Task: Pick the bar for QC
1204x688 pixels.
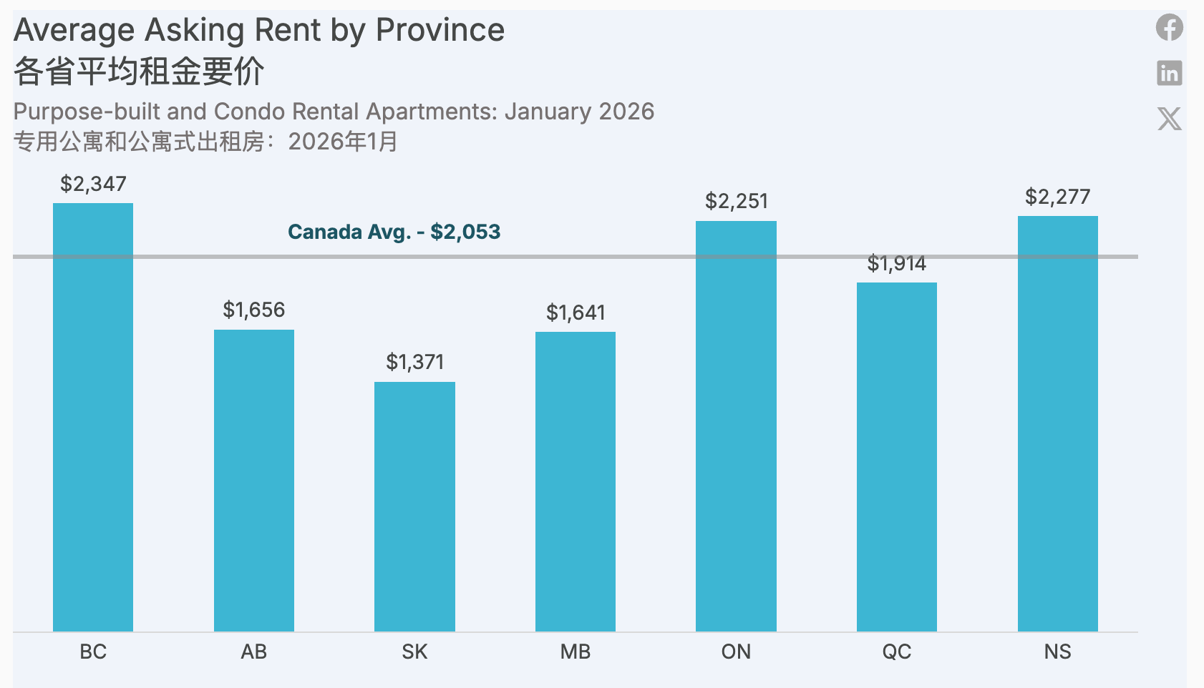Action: click(896, 457)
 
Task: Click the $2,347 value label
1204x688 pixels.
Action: click(93, 185)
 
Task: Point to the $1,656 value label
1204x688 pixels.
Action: click(253, 310)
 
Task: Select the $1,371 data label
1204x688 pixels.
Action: click(414, 362)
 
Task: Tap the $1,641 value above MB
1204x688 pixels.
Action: click(576, 313)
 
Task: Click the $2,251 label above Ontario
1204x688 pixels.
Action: click(736, 201)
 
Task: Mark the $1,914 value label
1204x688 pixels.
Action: click(896, 264)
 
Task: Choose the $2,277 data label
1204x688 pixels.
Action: click(1057, 197)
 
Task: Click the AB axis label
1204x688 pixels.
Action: click(253, 652)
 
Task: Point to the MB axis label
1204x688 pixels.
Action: click(576, 652)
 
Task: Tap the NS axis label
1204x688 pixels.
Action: click(1057, 652)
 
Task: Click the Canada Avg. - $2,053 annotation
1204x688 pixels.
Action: click(394, 232)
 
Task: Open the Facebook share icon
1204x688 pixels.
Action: click(1169, 28)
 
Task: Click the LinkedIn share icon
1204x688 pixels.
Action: click(1169, 73)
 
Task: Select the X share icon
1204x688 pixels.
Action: click(1169, 119)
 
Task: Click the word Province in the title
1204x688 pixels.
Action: click(440, 31)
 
